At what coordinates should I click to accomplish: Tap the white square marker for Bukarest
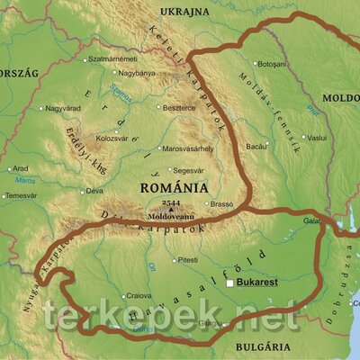(x=230, y=283)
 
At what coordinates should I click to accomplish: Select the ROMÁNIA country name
(x=173, y=189)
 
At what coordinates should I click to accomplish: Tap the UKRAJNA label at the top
(x=184, y=11)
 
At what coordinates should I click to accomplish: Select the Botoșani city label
(x=271, y=65)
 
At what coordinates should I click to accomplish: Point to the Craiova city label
(x=138, y=295)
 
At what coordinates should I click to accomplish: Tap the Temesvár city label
(x=20, y=195)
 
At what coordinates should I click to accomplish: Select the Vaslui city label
(x=316, y=138)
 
